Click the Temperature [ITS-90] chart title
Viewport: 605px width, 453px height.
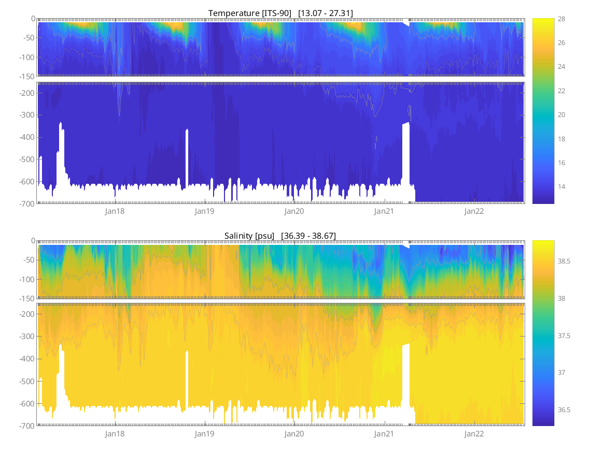point(280,13)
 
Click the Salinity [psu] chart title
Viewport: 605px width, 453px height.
point(280,236)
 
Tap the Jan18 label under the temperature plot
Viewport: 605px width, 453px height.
point(115,211)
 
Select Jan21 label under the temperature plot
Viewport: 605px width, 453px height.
point(384,211)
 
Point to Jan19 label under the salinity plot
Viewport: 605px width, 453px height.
point(204,434)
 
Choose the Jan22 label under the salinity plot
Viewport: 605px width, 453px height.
point(474,434)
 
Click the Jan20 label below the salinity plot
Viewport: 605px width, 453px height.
point(294,434)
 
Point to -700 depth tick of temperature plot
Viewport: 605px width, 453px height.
point(26,204)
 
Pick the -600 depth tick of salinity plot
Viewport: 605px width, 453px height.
point(26,403)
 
